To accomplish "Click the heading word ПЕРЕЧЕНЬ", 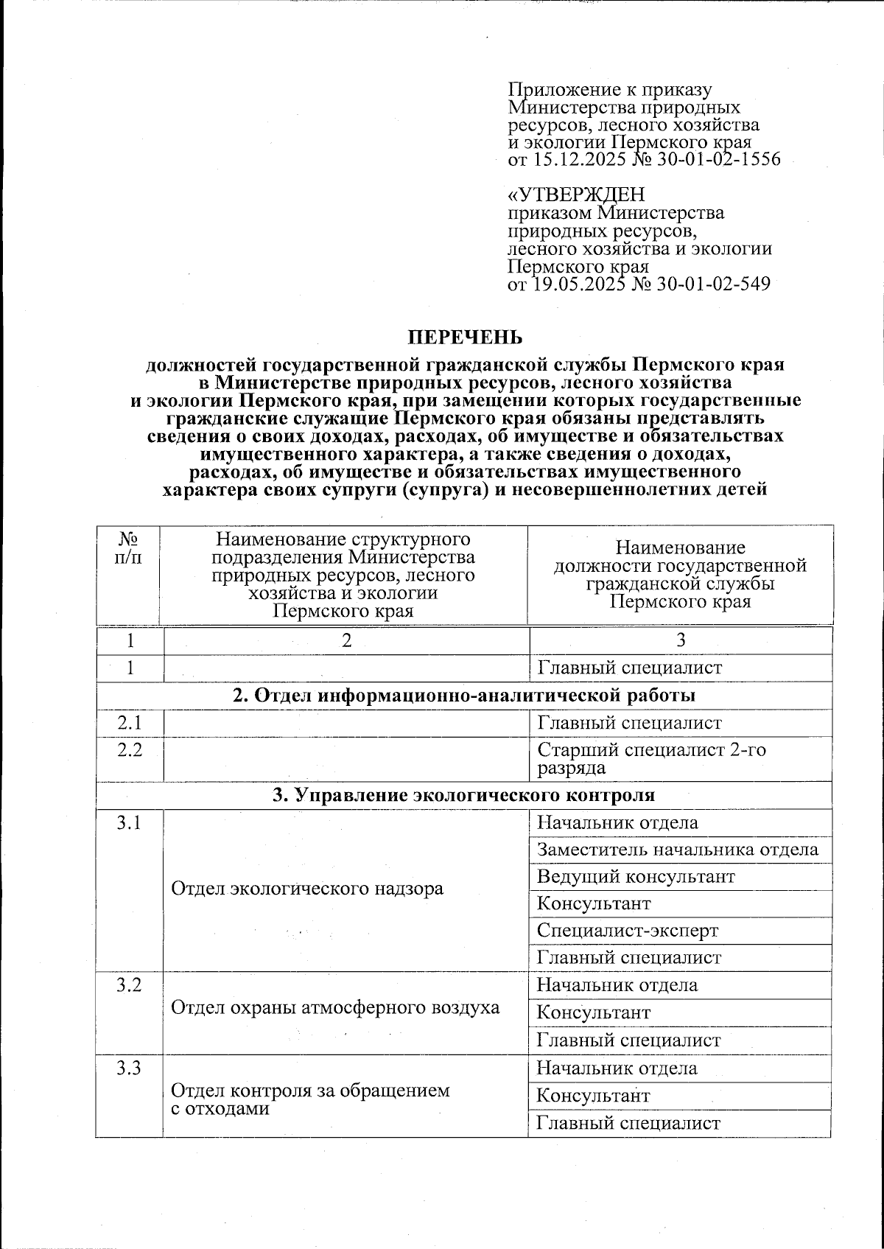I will [466, 337].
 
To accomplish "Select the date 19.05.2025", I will [578, 284].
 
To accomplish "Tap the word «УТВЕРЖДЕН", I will [576, 195].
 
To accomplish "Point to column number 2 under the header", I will [345, 640].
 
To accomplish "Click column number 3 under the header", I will [681, 640].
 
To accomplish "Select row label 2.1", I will [129, 723].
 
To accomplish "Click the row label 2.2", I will [129, 750].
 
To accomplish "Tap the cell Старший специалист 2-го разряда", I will [651, 759].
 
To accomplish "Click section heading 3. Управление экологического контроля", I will [463, 795].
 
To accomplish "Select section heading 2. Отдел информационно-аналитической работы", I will [463, 695].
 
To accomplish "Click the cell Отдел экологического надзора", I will [307, 888].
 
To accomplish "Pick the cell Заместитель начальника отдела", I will [677, 850].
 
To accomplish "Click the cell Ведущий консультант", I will [635, 877].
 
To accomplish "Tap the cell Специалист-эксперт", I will [627, 931].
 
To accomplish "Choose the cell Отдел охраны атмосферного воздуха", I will [335, 1007].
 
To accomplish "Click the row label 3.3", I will [129, 1068].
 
